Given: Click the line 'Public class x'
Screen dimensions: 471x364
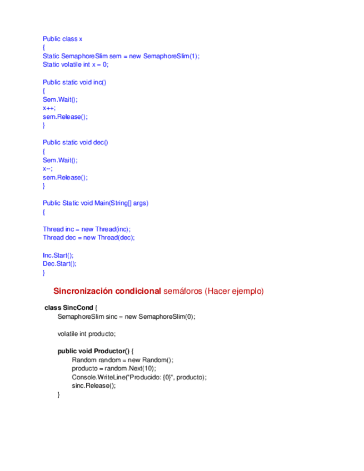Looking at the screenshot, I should coord(63,39).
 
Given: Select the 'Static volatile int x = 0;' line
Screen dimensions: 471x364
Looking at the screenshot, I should coord(76,64).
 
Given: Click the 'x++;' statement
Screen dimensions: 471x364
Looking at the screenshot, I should coord(49,108).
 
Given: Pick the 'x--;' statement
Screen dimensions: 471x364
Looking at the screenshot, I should coord(48,168).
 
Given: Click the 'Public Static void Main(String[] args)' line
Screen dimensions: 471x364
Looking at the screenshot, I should coord(96,203).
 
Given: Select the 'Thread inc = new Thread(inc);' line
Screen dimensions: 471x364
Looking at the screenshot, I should coord(87,229).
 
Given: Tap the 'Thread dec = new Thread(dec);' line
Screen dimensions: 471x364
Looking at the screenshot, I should coord(89,238).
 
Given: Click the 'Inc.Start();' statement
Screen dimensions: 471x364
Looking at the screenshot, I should coord(58,255).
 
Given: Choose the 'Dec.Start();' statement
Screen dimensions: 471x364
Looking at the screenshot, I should coord(59,264).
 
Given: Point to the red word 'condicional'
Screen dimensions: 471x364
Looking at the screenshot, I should coord(138,291).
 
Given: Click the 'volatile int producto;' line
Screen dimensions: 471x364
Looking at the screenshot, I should coord(86,334).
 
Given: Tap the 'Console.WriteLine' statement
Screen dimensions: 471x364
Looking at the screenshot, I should coord(139,377).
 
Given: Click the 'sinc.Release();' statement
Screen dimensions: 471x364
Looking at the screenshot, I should coord(94,386).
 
